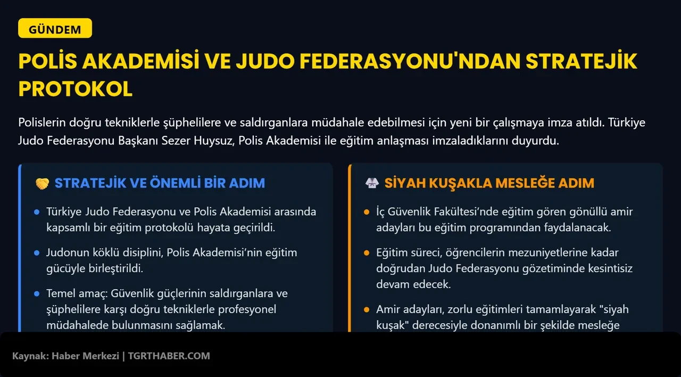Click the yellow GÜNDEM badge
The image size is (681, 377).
55,29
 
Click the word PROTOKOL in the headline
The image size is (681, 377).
75,89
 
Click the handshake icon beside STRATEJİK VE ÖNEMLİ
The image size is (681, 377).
42,183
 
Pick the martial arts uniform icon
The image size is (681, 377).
371,183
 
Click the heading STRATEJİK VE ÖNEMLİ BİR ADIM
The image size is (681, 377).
160,183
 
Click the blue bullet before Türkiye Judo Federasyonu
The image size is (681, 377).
37,212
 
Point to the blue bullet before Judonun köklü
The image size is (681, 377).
37,253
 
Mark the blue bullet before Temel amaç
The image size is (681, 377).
37,294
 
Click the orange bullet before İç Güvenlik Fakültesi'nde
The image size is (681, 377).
367,212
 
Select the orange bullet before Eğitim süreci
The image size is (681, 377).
367,253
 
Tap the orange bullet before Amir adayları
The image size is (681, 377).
367,309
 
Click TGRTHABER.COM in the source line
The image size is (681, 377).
169,356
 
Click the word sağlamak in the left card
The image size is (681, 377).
202,325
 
